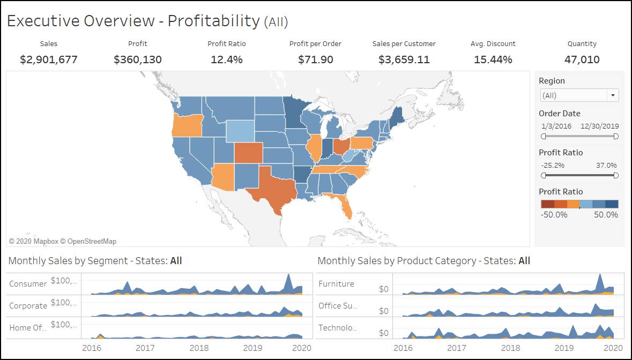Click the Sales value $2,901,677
tap(49, 59)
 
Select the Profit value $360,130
tap(138, 59)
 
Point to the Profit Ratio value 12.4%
tap(227, 59)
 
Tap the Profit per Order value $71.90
tap(315, 59)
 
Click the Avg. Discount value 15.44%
tap(493, 59)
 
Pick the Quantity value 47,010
tap(582, 59)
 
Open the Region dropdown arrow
tap(613, 95)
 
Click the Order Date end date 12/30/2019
tap(600, 126)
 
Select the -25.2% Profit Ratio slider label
tap(553, 166)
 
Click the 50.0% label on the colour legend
tap(606, 215)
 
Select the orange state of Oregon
tap(187, 125)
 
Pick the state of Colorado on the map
tap(248, 153)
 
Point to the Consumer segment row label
tap(28, 284)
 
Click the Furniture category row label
tap(336, 284)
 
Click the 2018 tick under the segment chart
tap(199, 348)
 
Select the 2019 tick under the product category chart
tap(564, 348)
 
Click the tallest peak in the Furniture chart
tap(600, 275)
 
